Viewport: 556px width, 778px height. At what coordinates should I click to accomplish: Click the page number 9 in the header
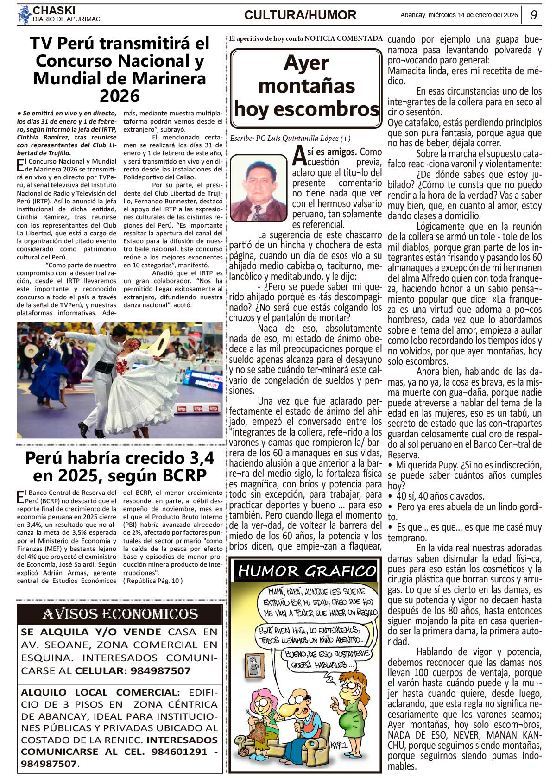(533, 15)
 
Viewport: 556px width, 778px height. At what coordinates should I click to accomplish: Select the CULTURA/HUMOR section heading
(300, 15)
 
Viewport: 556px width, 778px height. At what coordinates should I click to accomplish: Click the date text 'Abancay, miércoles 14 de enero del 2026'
(459, 15)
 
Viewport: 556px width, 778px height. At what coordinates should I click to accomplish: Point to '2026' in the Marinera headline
(120, 96)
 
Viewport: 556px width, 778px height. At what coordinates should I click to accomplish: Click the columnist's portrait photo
(259, 188)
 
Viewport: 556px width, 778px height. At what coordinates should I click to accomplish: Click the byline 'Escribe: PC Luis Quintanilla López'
(290, 139)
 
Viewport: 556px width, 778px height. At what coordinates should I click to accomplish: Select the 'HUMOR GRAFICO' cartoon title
(307, 571)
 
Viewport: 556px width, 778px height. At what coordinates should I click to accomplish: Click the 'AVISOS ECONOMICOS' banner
(120, 614)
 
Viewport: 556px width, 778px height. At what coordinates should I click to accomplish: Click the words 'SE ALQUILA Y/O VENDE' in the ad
(91, 632)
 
